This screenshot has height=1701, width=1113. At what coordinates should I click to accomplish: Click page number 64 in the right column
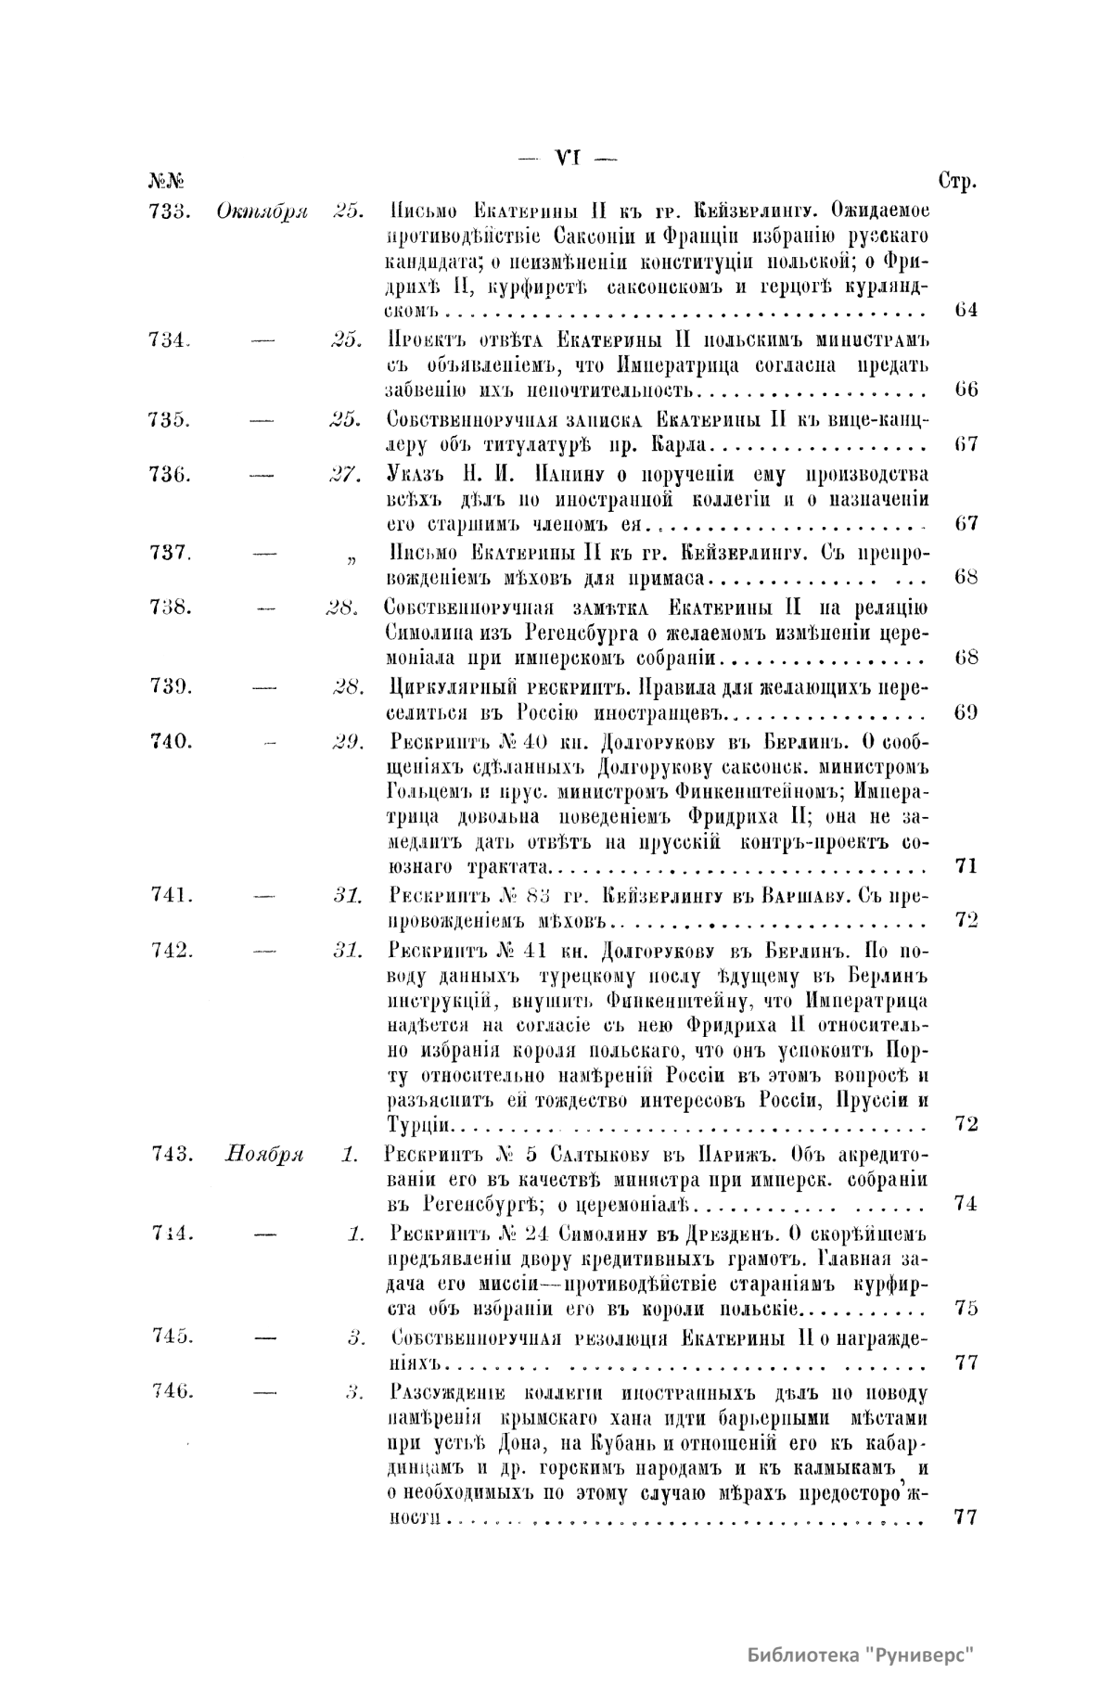[x=966, y=310]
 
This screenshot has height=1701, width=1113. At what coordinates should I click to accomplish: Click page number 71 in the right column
[x=966, y=867]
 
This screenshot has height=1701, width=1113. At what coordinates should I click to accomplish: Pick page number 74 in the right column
[x=966, y=1204]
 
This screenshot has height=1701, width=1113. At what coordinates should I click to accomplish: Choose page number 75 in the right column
[x=966, y=1309]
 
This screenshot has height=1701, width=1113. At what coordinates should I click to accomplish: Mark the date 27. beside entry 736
[x=345, y=474]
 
